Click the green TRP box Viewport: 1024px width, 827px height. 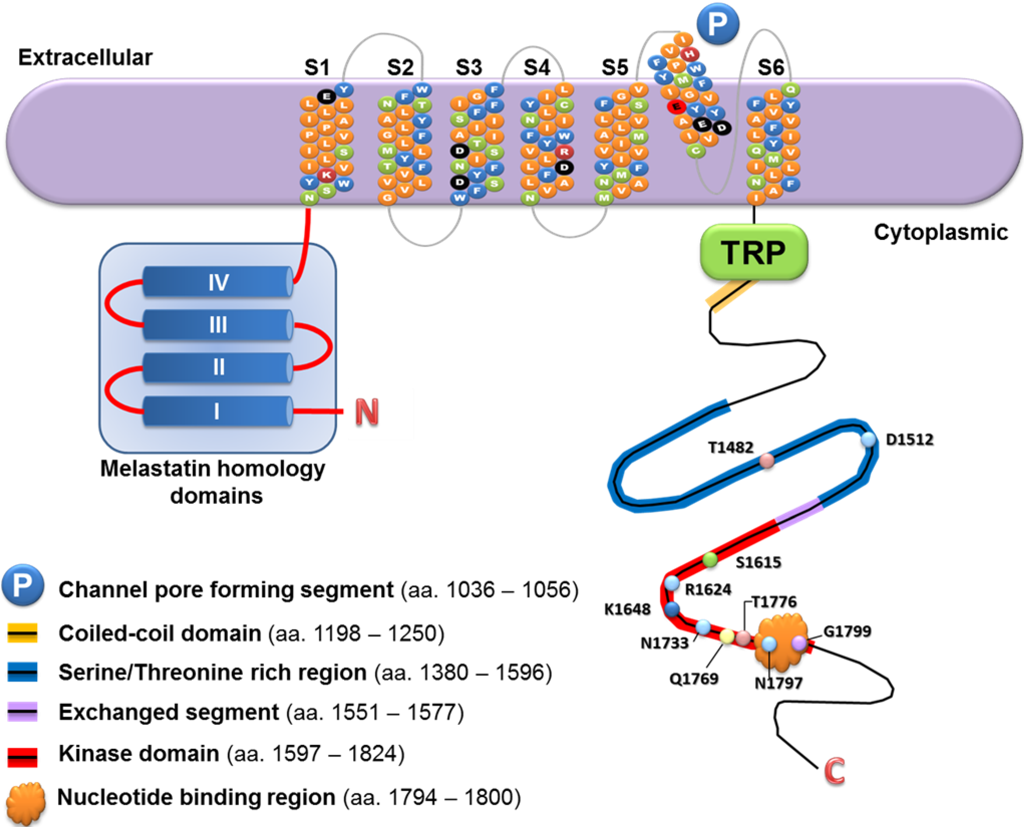click(753, 251)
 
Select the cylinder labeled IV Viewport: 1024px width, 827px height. click(218, 282)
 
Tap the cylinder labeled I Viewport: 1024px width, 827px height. click(218, 411)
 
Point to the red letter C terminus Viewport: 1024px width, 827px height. click(834, 771)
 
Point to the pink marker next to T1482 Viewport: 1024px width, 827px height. click(766, 461)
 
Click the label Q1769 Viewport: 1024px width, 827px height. click(693, 678)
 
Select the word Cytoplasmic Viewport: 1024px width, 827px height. click(941, 232)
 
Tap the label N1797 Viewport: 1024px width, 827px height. click(778, 683)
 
